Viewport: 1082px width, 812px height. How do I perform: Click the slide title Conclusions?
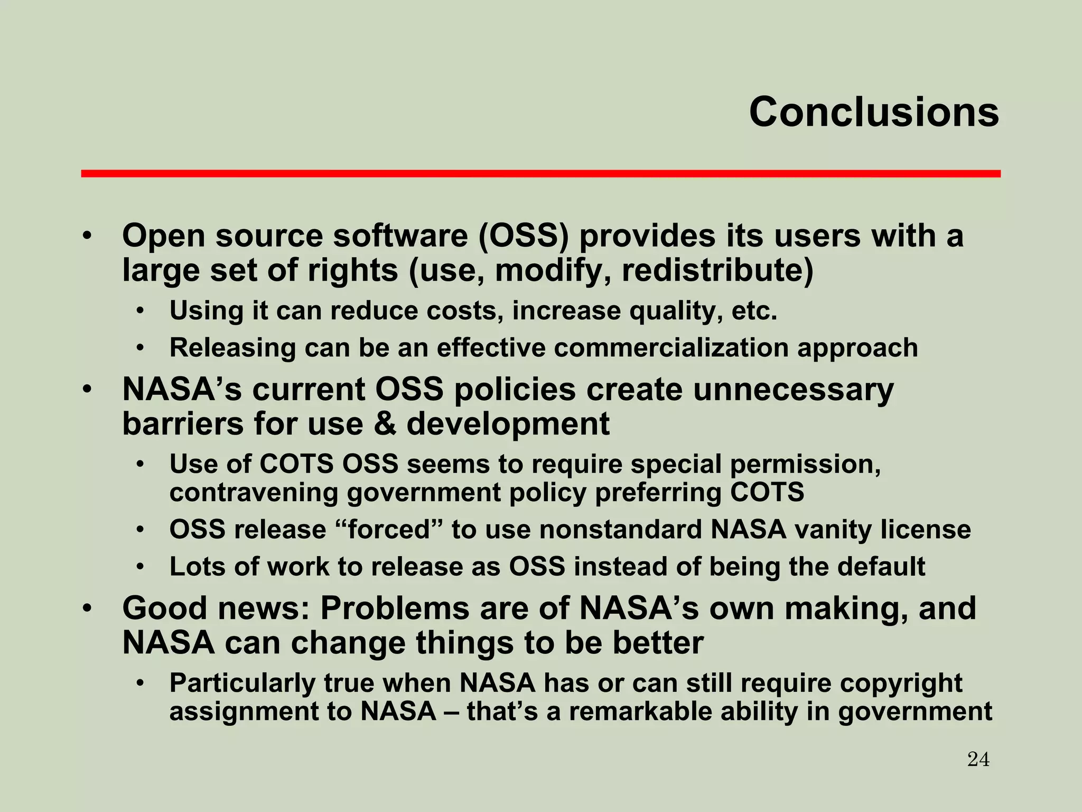tap(874, 113)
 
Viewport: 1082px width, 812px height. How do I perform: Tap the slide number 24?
tap(978, 760)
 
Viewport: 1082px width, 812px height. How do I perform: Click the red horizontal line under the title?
tap(540, 173)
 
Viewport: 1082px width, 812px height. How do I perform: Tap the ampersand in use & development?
tap(385, 425)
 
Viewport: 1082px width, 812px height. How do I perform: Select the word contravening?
tap(253, 493)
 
